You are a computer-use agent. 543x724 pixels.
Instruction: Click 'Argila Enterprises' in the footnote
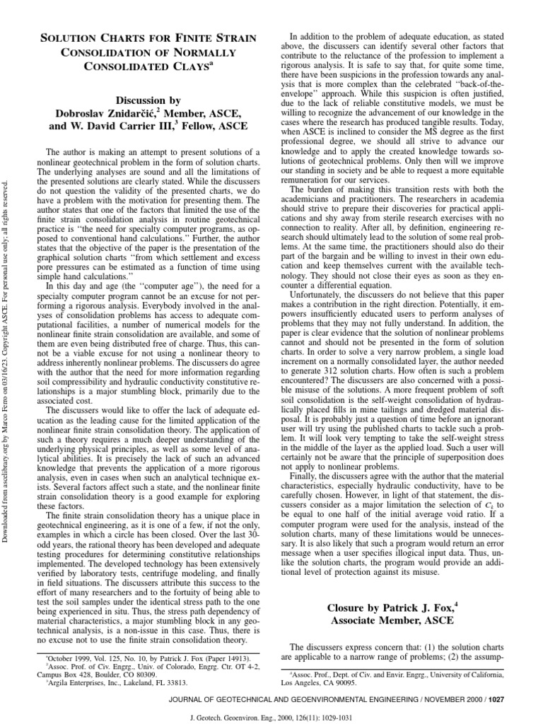(78, 683)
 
